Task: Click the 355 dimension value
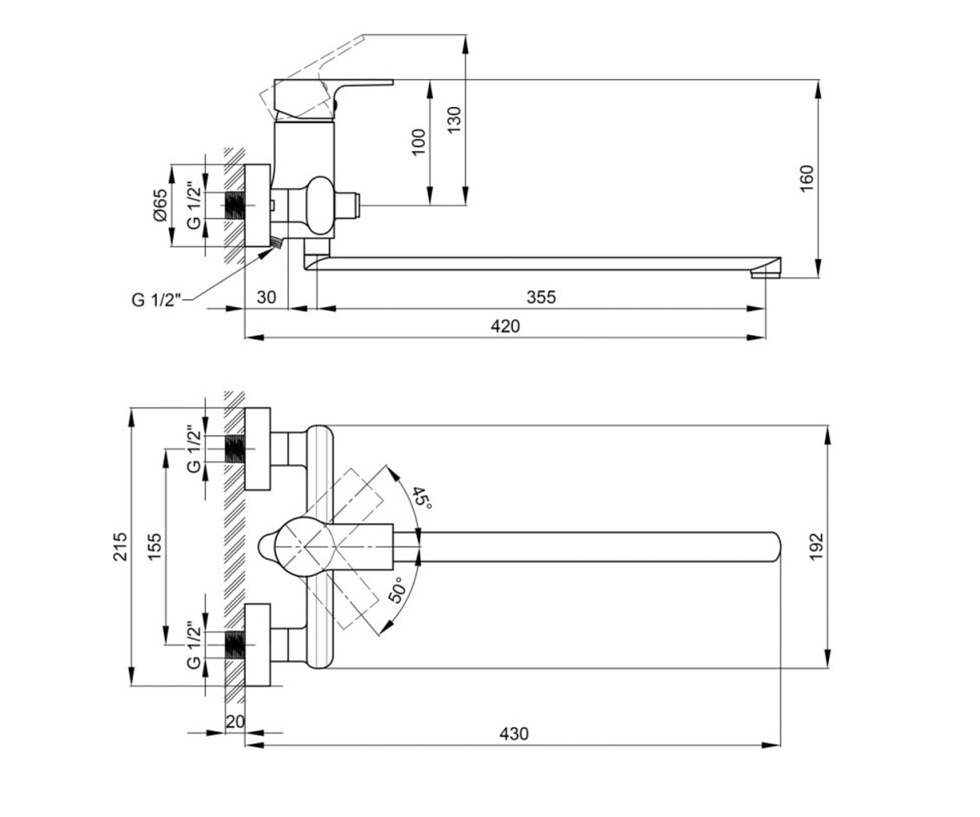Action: (x=541, y=297)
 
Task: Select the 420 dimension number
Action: (x=505, y=326)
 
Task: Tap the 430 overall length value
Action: (x=514, y=734)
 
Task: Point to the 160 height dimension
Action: (x=806, y=178)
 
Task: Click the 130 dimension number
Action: (x=454, y=120)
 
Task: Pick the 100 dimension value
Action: (x=417, y=142)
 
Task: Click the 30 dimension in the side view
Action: (x=266, y=297)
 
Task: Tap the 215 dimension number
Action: (x=120, y=547)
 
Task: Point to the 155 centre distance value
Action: (x=154, y=547)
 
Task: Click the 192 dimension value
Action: (x=817, y=547)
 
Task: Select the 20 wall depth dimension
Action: (x=235, y=721)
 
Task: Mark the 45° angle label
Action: (x=421, y=498)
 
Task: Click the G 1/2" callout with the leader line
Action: (x=156, y=300)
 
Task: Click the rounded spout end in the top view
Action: (x=774, y=547)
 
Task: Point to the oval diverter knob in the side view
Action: (x=321, y=205)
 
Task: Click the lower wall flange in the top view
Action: (x=257, y=645)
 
